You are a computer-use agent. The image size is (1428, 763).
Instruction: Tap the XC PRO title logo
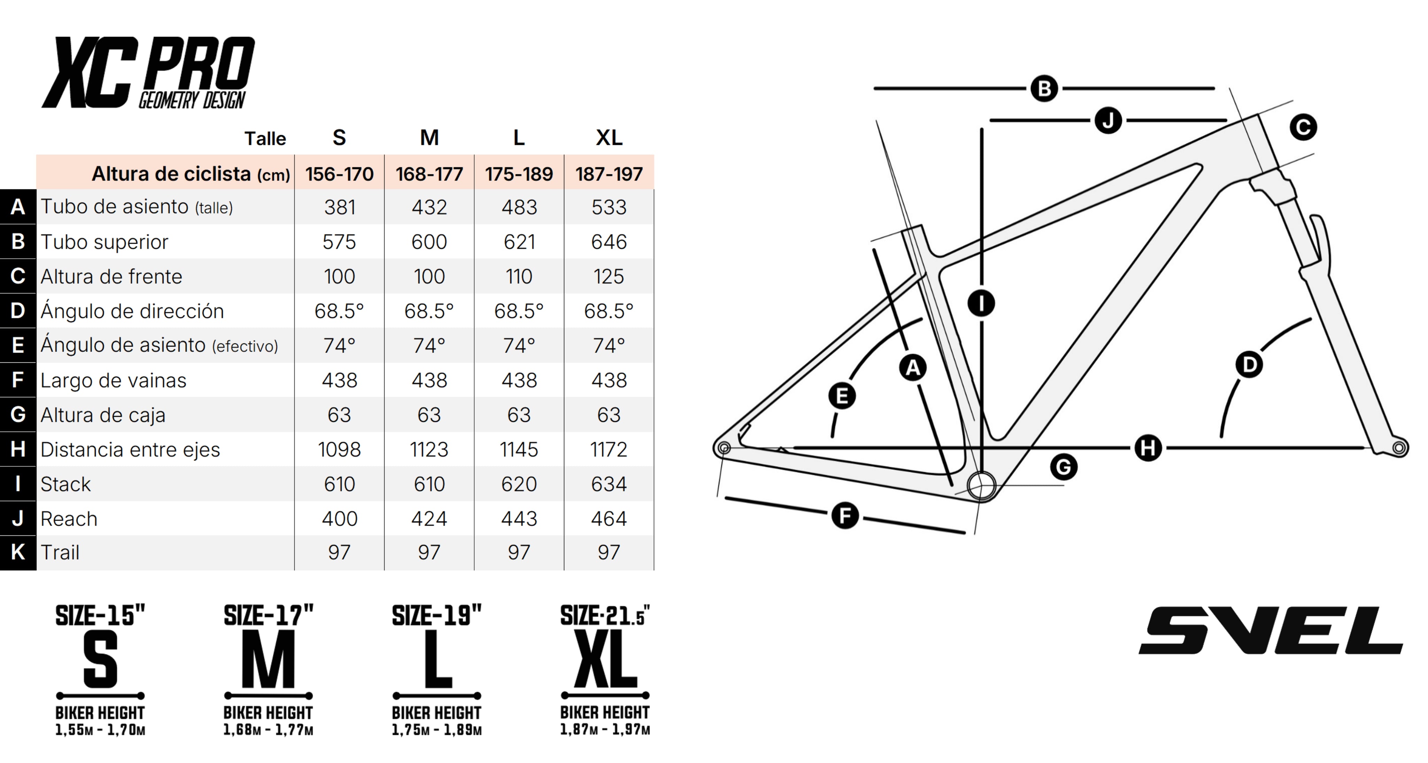(x=148, y=73)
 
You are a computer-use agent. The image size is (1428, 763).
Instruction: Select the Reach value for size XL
(x=609, y=519)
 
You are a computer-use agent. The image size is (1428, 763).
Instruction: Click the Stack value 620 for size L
(x=519, y=484)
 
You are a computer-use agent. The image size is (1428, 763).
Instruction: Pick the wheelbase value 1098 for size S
(x=339, y=449)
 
